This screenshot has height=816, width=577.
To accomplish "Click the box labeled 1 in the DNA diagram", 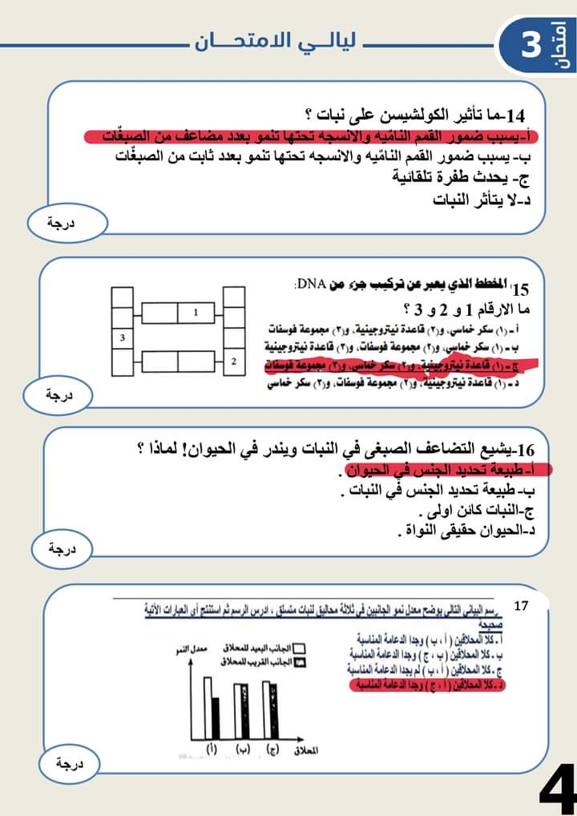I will pos(195,310).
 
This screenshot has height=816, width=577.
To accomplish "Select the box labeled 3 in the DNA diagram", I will pos(122,338).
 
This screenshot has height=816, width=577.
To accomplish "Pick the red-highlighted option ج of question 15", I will pos(401,363).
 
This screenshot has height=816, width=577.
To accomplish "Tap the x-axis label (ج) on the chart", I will pos(273,750).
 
